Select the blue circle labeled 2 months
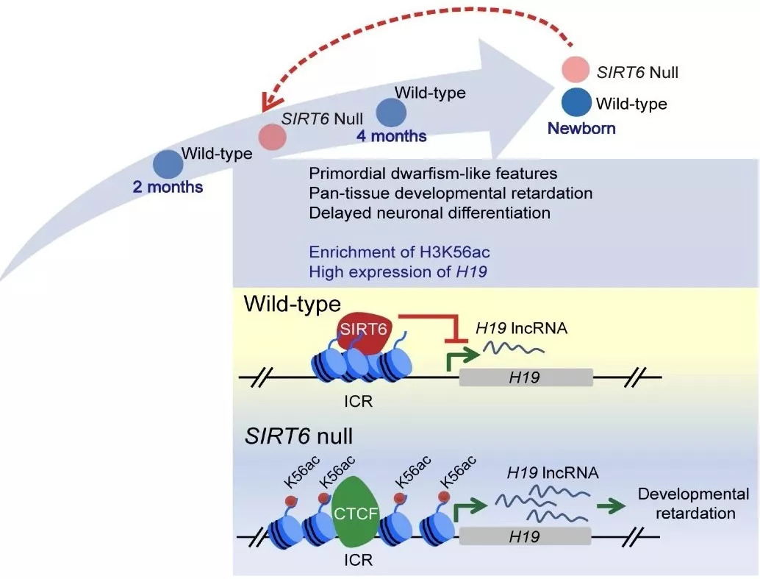168,163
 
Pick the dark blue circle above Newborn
575,102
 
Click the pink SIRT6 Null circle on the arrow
271,136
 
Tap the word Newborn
581,129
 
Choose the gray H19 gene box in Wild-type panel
525,377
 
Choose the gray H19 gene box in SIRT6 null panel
525,537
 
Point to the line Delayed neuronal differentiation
429,213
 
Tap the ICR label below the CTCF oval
359,560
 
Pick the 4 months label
392,136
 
